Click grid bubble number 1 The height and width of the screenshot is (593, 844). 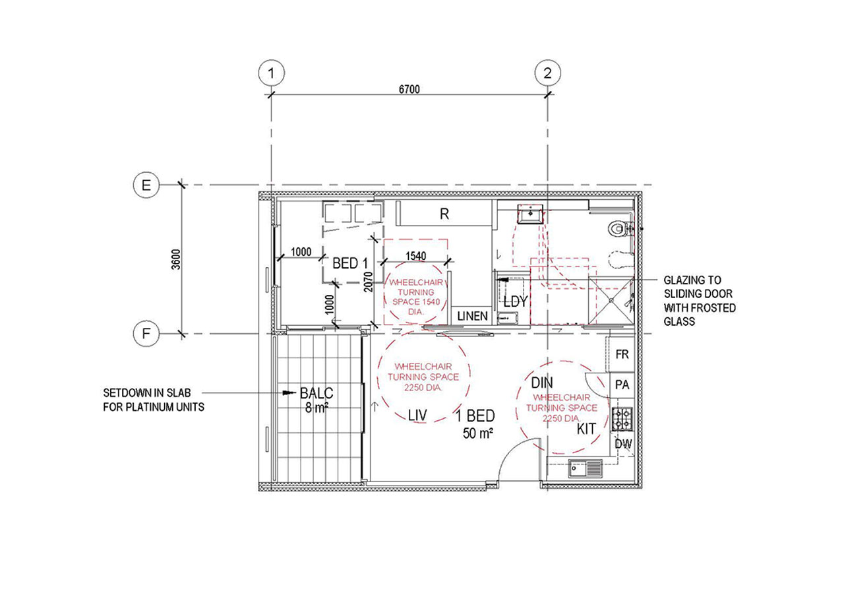(271, 73)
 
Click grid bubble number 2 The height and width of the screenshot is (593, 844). (547, 73)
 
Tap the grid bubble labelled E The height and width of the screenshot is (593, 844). (146, 185)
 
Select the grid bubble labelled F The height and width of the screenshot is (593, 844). (146, 334)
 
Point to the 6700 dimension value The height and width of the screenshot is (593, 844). (409, 89)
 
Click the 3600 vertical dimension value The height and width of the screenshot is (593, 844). (176, 259)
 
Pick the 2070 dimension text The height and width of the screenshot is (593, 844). (368, 282)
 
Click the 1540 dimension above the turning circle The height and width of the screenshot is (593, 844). (415, 256)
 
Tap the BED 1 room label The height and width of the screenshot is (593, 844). (350, 263)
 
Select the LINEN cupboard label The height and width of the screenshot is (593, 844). (473, 316)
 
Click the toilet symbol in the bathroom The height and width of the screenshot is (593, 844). (619, 228)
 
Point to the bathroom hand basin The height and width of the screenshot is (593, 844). (530, 214)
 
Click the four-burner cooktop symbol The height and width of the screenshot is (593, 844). (622, 419)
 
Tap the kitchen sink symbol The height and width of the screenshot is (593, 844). (585, 468)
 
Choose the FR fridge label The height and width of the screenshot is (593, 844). (622, 354)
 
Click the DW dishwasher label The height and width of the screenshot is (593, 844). (623, 444)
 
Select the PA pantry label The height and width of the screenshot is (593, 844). (622, 385)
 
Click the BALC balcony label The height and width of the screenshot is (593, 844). (316, 393)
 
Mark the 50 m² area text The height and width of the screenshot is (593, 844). (478, 433)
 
